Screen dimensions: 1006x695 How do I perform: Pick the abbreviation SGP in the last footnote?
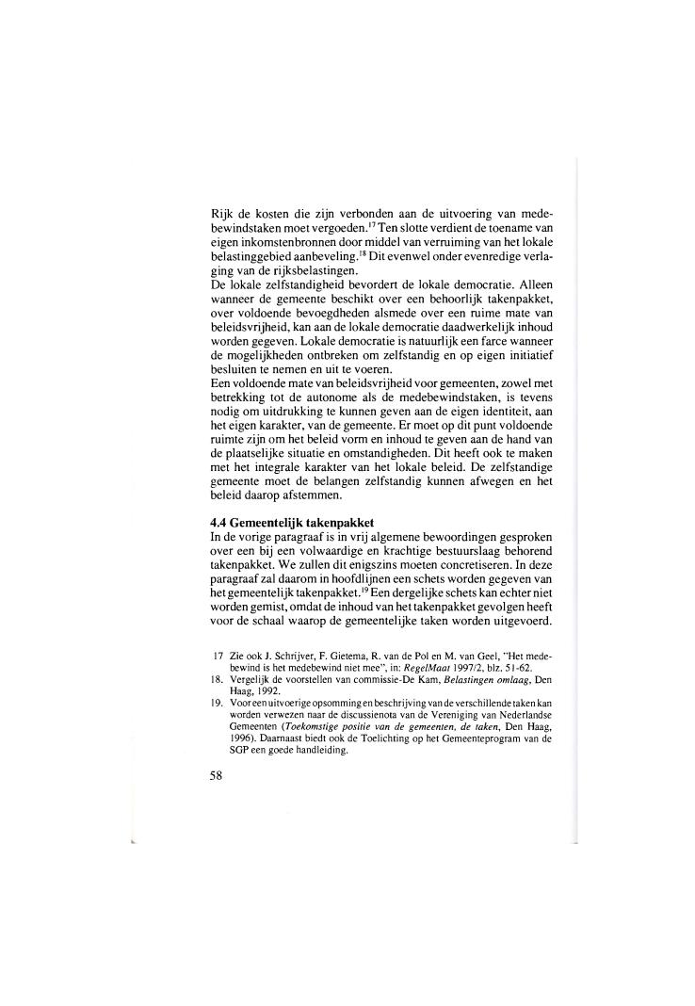pos(234,751)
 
